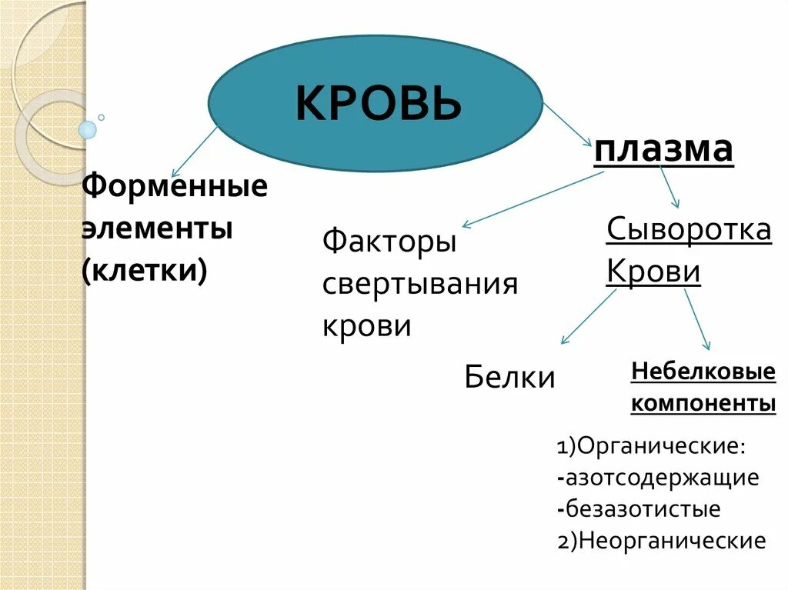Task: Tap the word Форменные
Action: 175,185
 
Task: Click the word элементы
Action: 157,228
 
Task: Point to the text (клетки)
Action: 145,272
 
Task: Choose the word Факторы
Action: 389,242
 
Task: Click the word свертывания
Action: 419,284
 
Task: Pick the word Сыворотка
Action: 689,229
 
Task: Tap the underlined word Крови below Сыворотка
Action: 653,272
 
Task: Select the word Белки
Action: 509,377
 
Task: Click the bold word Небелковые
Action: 703,372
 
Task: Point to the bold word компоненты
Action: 703,403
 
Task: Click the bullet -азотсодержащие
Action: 659,478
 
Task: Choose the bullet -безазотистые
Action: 639,509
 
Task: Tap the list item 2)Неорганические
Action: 662,541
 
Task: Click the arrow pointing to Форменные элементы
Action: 194,152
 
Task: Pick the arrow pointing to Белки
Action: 588,316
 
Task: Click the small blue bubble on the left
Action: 88,129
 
